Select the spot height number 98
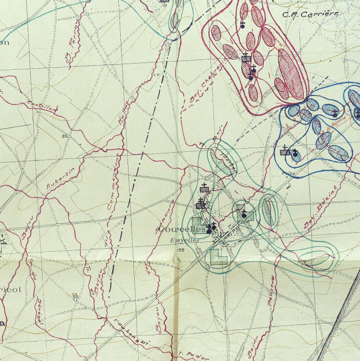(75, 297)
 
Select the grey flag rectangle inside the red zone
(246, 59)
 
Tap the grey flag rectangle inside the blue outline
(286, 152)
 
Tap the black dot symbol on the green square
(245, 215)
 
